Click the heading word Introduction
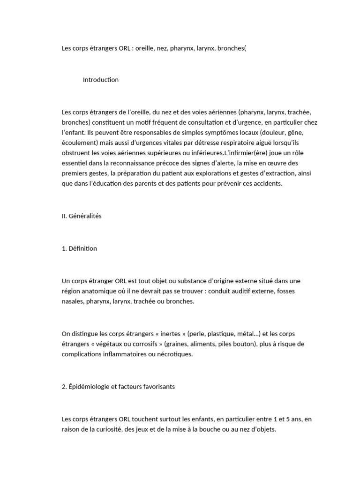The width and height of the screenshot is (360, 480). pyautogui.click(x=101, y=80)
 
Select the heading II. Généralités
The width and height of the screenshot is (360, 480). pyautogui.click(x=82, y=216)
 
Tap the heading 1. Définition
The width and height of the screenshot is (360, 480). pyautogui.click(x=79, y=248)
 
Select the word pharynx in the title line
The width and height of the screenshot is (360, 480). pyautogui.click(x=181, y=48)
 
